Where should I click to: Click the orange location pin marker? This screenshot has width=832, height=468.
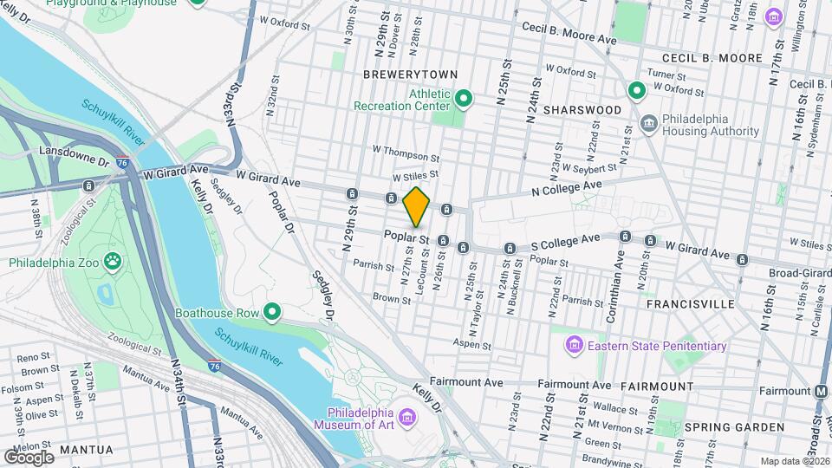point(416,206)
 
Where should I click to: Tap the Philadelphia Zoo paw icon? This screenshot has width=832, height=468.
point(113,260)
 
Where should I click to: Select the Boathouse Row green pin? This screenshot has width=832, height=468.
point(273,311)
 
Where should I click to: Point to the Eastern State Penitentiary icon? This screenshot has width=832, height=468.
point(573,347)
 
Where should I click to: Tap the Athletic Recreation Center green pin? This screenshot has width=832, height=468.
point(464,99)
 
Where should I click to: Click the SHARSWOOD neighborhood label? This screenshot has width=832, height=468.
point(582,110)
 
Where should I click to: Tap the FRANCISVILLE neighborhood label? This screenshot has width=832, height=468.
point(691,304)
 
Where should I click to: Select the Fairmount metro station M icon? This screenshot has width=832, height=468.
point(820,391)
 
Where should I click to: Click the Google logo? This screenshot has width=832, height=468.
point(29,457)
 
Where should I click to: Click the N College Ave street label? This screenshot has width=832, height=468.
point(567,187)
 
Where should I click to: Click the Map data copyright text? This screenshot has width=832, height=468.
point(793,461)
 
